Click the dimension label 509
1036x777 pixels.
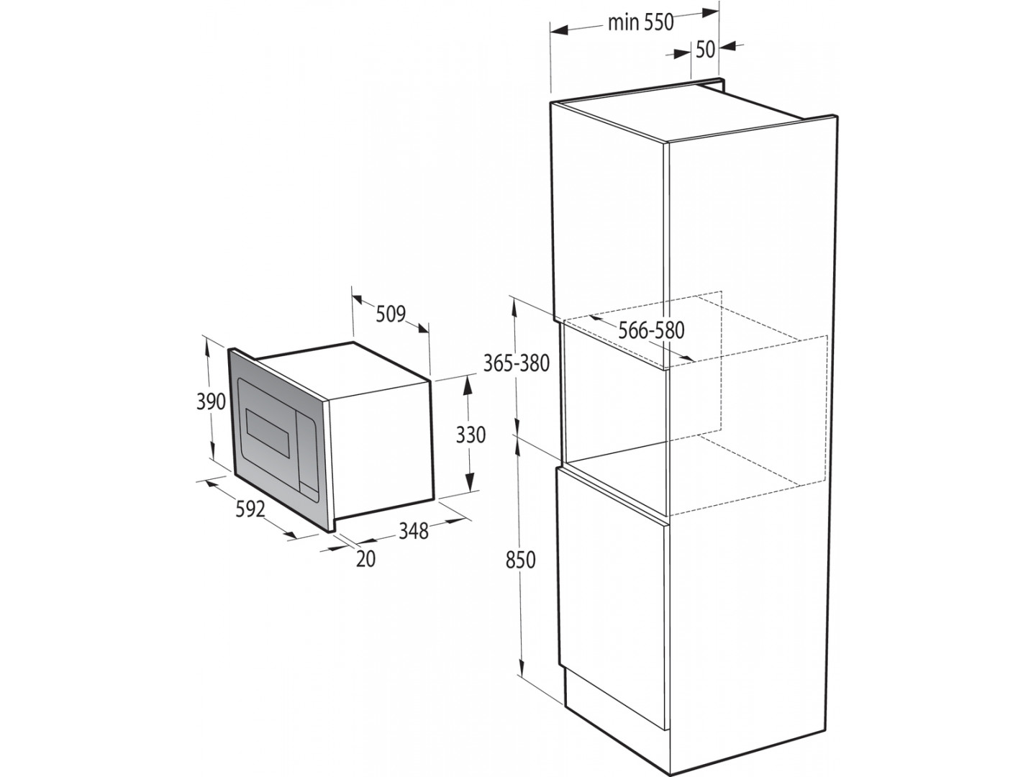click(x=391, y=314)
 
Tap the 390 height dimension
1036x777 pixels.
click(x=211, y=401)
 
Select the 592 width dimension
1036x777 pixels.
click(x=250, y=509)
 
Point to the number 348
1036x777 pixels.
click(x=414, y=531)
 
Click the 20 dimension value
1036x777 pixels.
click(x=365, y=559)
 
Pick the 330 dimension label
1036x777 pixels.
click(x=471, y=435)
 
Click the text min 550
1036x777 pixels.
click(x=640, y=22)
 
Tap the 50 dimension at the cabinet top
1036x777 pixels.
click(x=706, y=50)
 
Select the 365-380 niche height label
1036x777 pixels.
click(x=517, y=364)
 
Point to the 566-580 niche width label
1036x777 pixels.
click(x=651, y=331)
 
